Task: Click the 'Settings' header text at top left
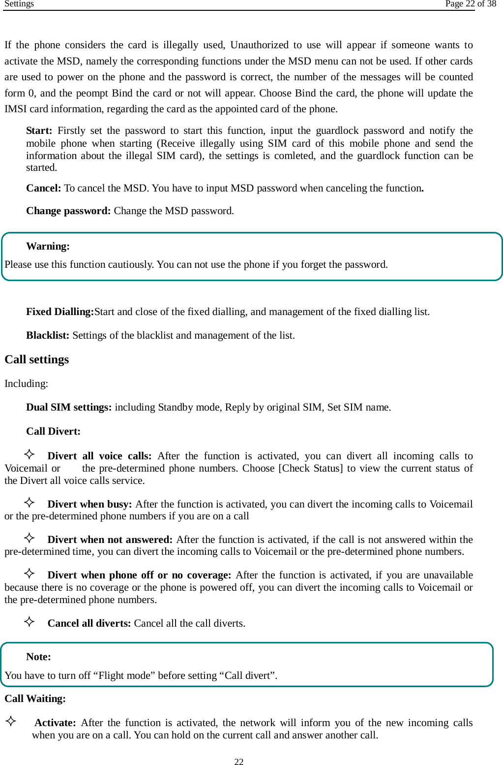19,4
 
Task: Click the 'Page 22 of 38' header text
470,4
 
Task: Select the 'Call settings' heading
37,359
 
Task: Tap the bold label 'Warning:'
48,246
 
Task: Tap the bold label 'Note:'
38,657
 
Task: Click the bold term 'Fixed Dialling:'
59,312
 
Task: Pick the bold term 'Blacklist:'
48,335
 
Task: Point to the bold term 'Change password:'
68,211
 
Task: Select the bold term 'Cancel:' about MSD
43,188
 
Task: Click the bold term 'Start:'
39,130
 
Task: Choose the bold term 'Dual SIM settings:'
69,407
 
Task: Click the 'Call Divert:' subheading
53,431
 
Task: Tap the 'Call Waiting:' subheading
35,699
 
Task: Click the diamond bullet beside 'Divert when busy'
30,502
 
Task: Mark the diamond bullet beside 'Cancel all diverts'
30,621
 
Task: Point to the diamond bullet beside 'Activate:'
11,721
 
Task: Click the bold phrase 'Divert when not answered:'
110,540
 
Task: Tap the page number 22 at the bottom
239,762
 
